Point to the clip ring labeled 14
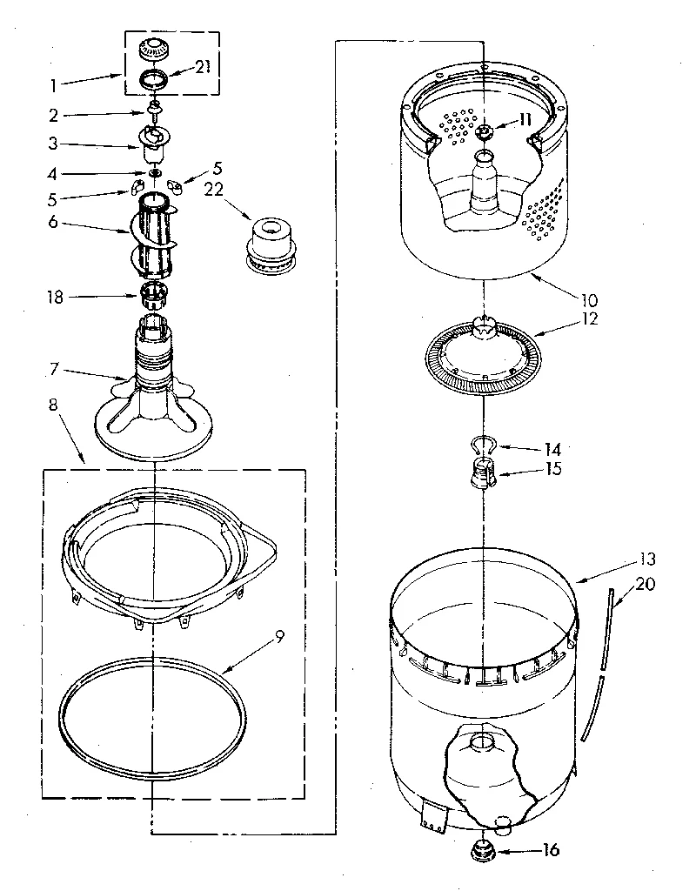click(x=481, y=446)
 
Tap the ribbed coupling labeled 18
click(x=153, y=296)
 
